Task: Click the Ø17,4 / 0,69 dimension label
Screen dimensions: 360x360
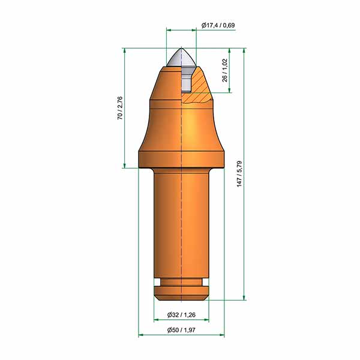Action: [x=218, y=25]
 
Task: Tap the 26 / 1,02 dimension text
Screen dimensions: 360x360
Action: [x=225, y=70]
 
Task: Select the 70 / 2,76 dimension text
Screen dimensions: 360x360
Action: [x=120, y=108]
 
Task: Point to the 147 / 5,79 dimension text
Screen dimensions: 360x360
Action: [x=239, y=174]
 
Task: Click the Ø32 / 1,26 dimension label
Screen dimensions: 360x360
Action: [x=181, y=314]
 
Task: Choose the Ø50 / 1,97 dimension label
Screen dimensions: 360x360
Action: [x=181, y=330]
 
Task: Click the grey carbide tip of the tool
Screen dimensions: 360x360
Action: [x=181, y=58]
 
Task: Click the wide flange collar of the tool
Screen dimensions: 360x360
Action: [x=181, y=160]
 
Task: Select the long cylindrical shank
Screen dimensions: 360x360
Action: [x=181, y=223]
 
